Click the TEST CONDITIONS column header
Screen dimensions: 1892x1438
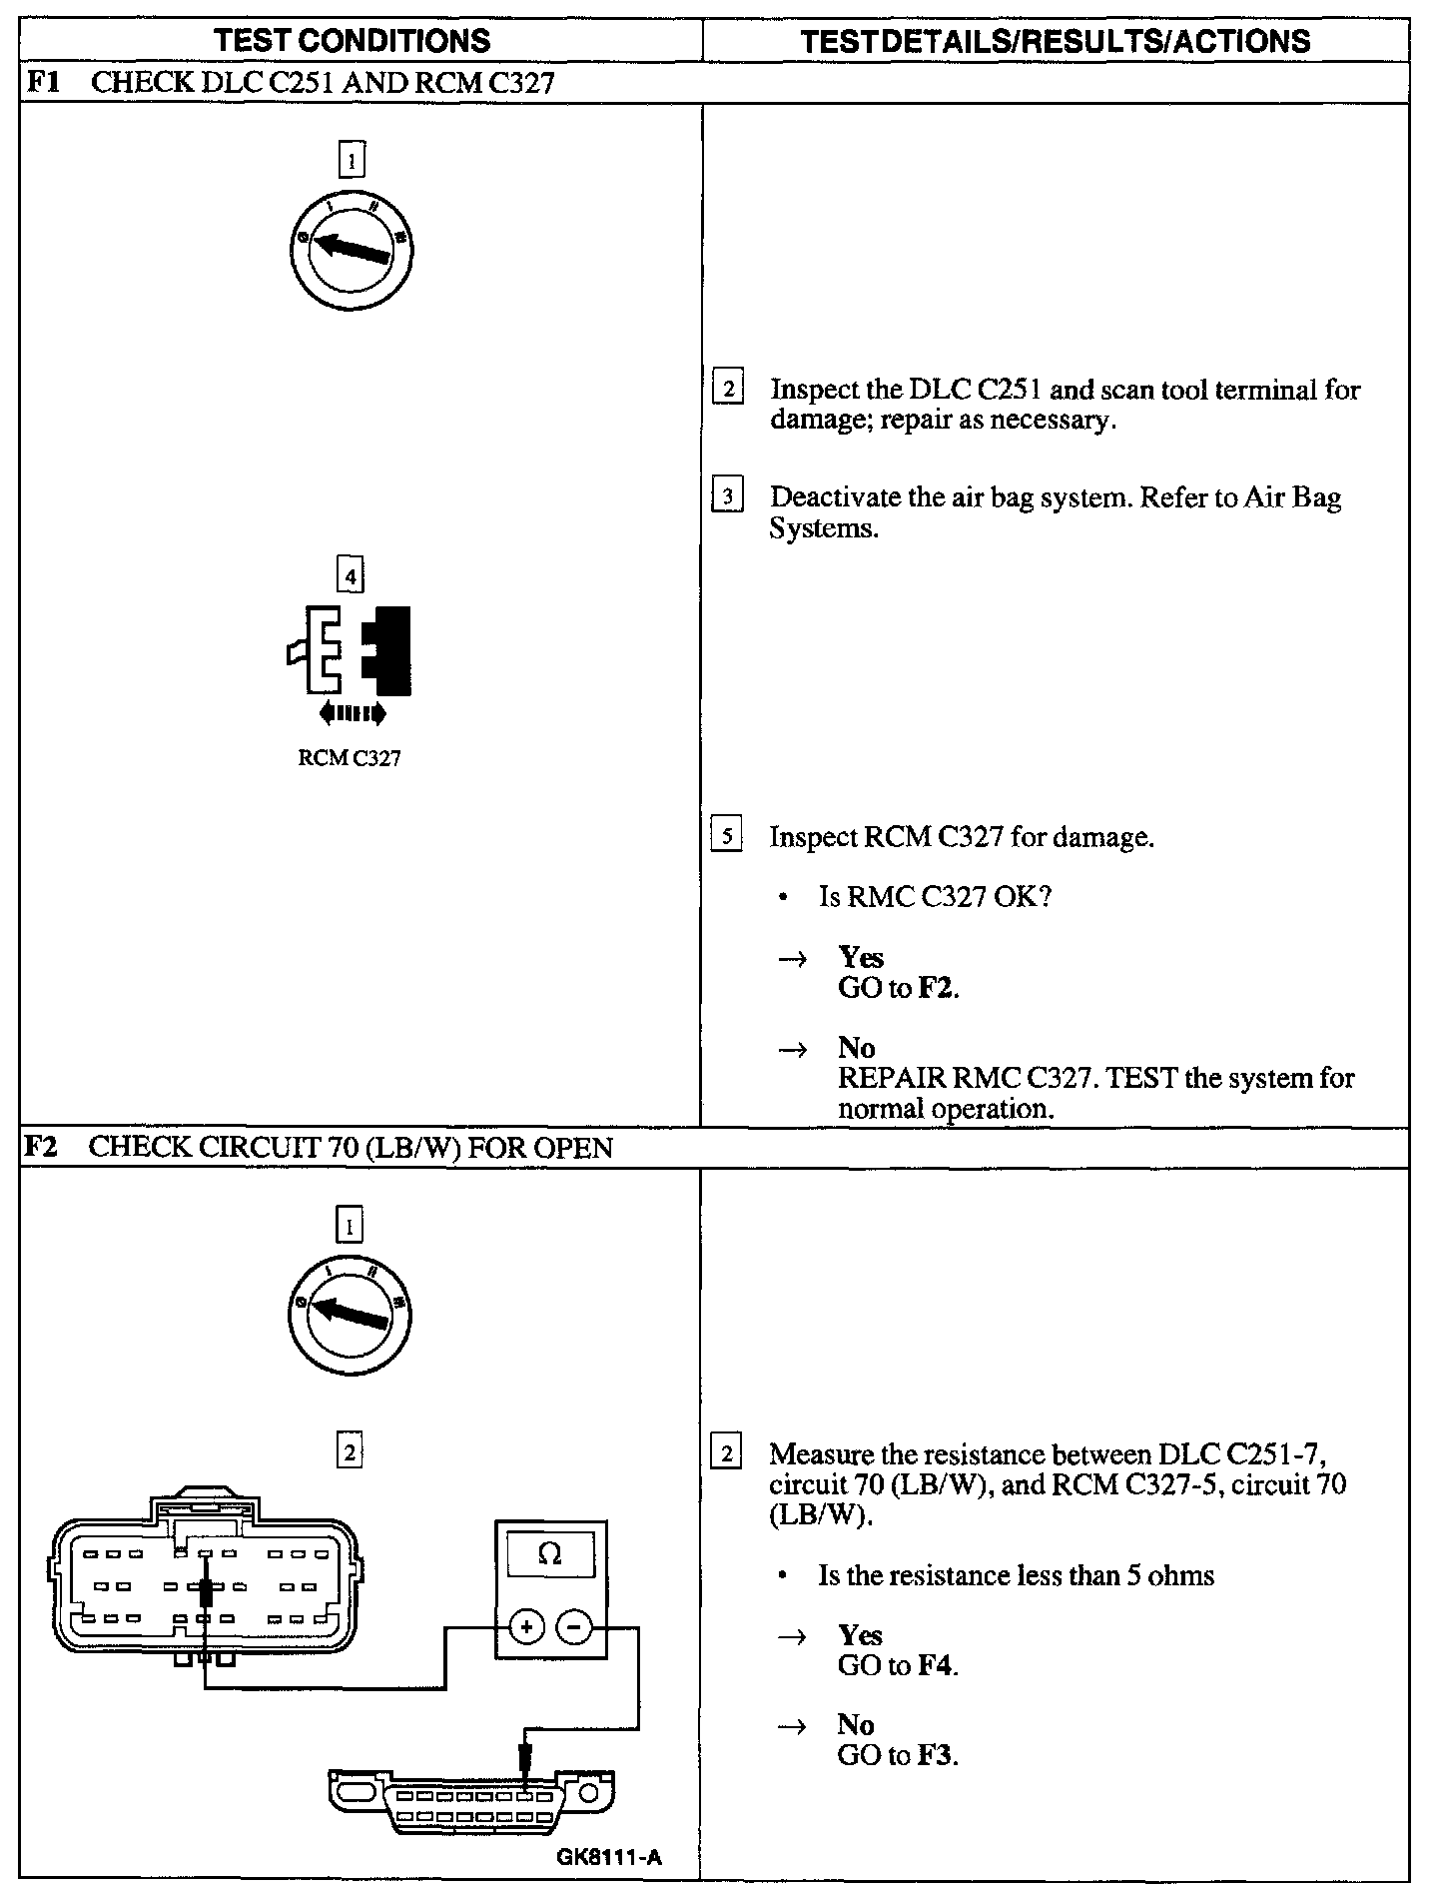coord(353,41)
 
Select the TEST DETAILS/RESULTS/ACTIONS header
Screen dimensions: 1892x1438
coord(1057,41)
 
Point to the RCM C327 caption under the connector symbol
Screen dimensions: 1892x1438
coord(350,759)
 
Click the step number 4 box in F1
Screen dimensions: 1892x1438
coord(350,576)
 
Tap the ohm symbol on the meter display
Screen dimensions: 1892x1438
coord(549,1553)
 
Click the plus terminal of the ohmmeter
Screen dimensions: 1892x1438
coord(526,1627)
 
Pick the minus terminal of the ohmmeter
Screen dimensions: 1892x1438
coord(573,1627)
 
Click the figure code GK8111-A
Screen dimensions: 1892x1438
coord(609,1858)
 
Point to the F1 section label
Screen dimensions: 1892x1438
coord(41,82)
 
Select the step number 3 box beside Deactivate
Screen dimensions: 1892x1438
coord(727,496)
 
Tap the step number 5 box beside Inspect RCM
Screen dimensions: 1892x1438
coord(727,836)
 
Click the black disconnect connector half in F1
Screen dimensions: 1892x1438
coord(388,650)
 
